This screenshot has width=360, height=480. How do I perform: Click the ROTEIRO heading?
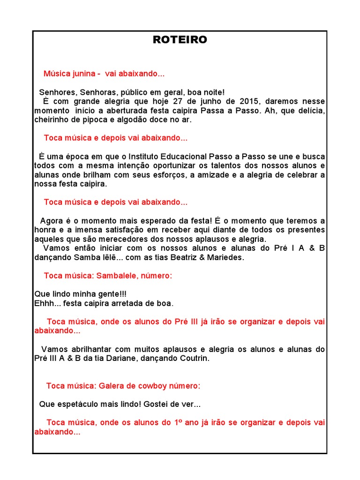(x=180, y=40)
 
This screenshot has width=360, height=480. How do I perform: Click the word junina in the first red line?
(x=83, y=74)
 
